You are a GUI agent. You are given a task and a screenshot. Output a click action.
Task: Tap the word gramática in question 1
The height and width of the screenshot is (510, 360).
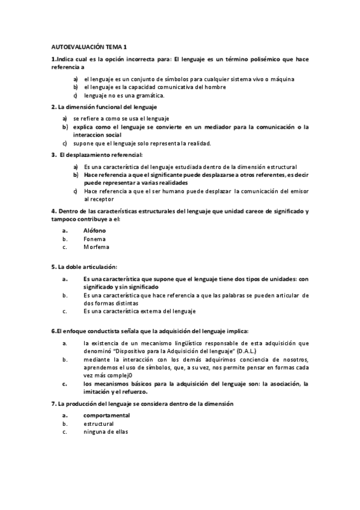(150, 95)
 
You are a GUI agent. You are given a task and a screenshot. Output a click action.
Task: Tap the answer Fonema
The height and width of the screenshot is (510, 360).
(95, 239)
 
